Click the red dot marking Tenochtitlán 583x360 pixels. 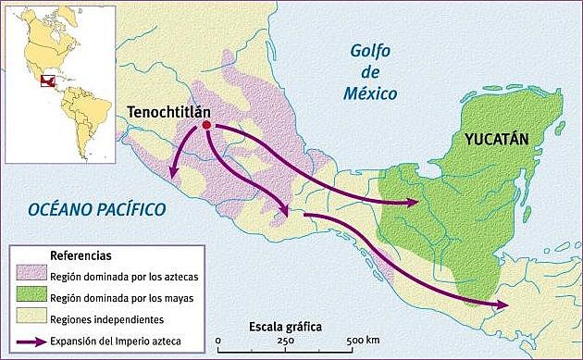click(x=207, y=126)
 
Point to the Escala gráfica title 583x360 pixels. click(x=286, y=328)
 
